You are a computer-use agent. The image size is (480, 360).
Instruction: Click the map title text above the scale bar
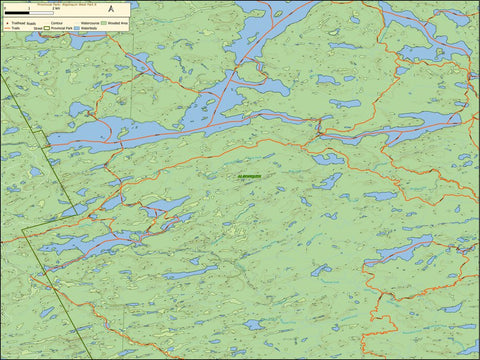[66, 5]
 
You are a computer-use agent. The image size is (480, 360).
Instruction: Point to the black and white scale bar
[29, 13]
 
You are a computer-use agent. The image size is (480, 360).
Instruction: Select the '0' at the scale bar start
[6, 8]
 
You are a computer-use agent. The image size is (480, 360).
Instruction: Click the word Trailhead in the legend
[16, 23]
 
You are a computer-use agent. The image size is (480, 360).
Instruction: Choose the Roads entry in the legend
[31, 24]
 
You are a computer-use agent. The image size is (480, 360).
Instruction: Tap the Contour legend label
[56, 23]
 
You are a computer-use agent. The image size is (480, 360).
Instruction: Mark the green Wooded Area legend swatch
[103, 23]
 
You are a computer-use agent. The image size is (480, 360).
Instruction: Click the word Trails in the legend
[15, 28]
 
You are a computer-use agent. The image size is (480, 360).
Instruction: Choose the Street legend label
[38, 29]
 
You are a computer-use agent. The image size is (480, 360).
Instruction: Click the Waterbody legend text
[91, 28]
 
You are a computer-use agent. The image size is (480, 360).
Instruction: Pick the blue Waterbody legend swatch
[77, 28]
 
